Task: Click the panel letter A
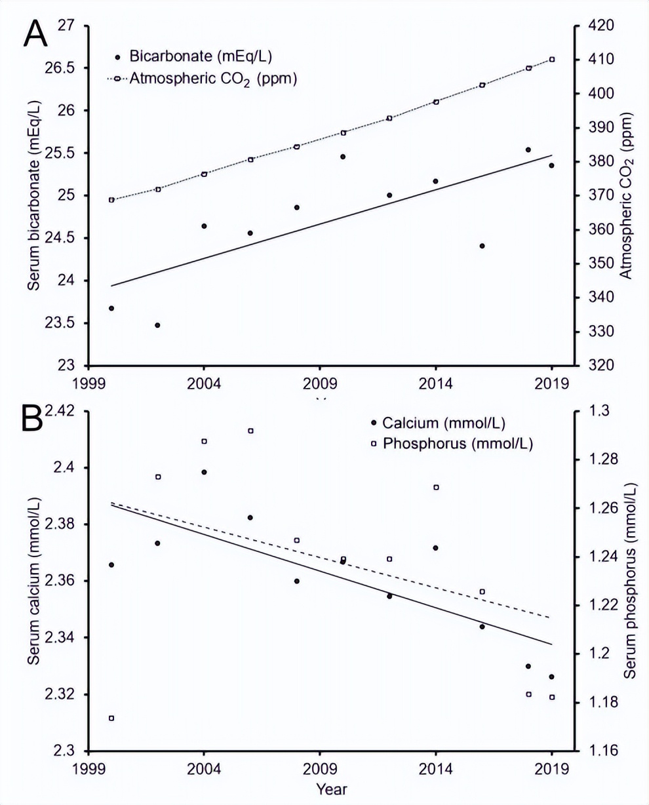pyautogui.click(x=35, y=33)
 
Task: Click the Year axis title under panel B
pyautogui.click(x=332, y=789)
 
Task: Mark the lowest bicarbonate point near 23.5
pyautogui.click(x=157, y=325)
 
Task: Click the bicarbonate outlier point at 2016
pyautogui.click(x=482, y=246)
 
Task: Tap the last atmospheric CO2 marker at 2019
pyautogui.click(x=552, y=60)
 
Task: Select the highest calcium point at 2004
pyautogui.click(x=204, y=472)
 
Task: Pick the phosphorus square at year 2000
pyautogui.click(x=111, y=718)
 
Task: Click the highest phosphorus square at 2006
pyautogui.click(x=250, y=431)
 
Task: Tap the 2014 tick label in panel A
pyautogui.click(x=436, y=382)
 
